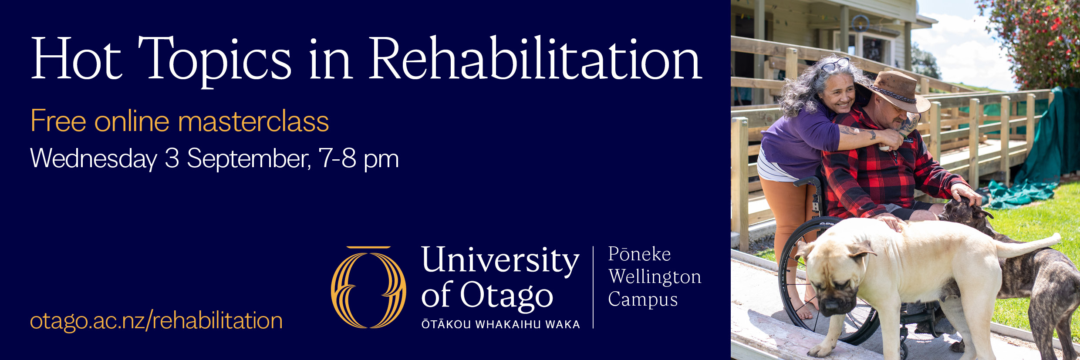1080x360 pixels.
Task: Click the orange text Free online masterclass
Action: [x=179, y=121]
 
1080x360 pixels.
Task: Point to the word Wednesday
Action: [x=94, y=158]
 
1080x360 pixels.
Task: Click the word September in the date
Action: [x=249, y=158]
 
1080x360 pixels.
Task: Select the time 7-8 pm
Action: [x=359, y=158]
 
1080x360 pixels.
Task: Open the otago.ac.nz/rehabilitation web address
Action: [x=156, y=321]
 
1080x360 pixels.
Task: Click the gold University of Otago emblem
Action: [x=368, y=287]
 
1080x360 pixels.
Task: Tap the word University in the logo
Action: [x=500, y=260]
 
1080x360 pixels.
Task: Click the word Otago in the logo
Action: [x=506, y=296]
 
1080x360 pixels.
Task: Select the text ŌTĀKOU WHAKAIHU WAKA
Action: [x=500, y=324]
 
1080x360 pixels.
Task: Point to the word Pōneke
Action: [x=639, y=254]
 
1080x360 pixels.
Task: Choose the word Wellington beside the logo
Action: [x=655, y=277]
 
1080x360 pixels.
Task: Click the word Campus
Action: [x=643, y=300]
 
